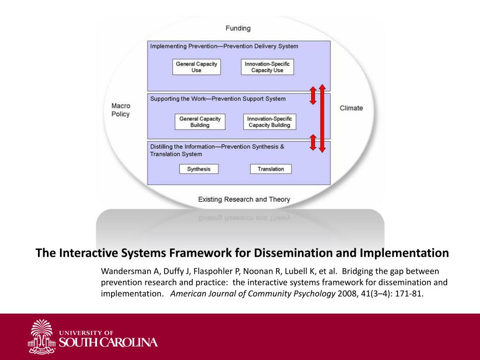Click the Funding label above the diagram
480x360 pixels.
point(238,28)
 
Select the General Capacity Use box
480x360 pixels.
point(196,67)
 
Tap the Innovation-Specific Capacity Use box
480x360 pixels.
point(267,67)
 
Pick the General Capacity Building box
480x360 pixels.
point(200,122)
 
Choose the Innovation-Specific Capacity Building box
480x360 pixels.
point(270,122)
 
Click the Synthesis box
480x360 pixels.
point(199,169)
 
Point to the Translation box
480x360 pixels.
point(270,169)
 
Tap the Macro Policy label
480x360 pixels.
point(120,110)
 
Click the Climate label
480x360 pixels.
point(351,108)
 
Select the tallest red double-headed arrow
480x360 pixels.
point(322,118)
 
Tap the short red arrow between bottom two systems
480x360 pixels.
point(313,142)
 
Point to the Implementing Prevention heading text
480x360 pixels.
point(224,46)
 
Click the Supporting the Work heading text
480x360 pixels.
point(218,99)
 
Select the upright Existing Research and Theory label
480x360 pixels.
point(244,199)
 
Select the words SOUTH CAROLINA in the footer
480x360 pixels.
point(108,342)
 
